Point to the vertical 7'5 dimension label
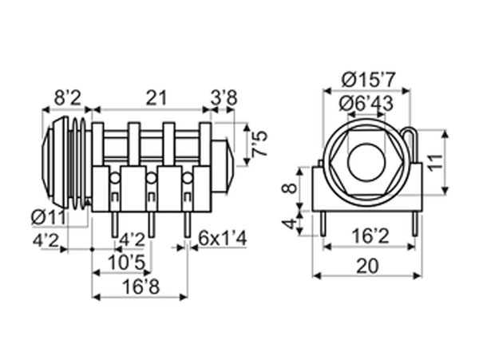(259, 144)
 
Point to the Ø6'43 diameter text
(369, 104)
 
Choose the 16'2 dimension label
(368, 236)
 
